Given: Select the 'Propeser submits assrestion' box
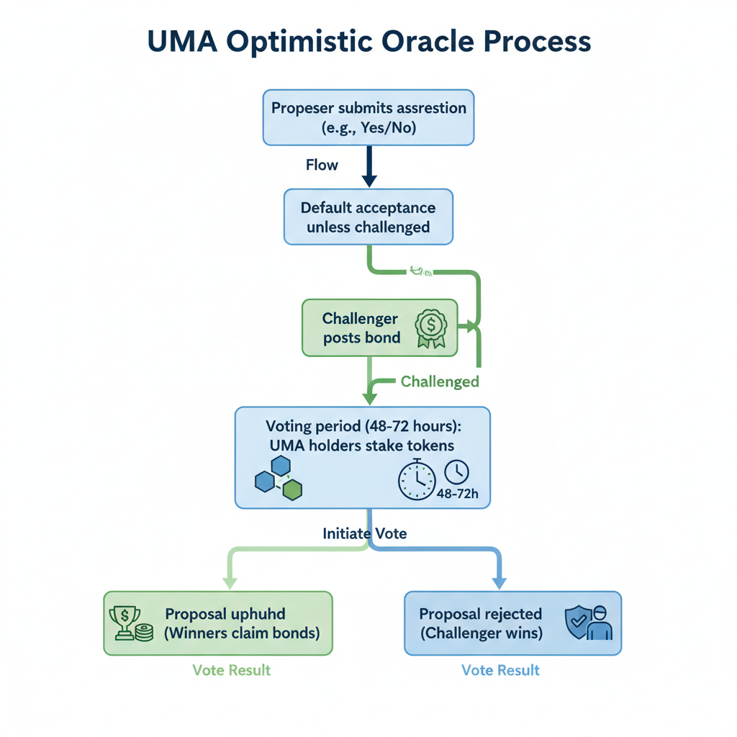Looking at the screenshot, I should point(368,117).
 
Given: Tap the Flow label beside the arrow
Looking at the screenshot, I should point(322,165).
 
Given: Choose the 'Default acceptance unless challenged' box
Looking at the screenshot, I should point(368,217).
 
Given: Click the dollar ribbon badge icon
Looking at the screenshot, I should point(432,327).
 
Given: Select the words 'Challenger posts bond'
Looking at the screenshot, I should point(361,327).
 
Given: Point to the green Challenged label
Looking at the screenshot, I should point(439,381).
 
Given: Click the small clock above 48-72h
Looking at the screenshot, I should point(456,472).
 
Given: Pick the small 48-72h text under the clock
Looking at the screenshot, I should point(458,494).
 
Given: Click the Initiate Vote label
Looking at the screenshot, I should point(365,534).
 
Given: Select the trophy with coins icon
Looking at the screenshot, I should point(130,623).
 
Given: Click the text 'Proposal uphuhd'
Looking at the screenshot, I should point(225,614).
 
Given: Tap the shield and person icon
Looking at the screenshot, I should point(589,623).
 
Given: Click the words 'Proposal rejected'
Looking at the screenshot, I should point(481,614).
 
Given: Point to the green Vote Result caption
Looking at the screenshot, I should point(232,670).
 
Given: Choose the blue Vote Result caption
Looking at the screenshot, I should point(500,670).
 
